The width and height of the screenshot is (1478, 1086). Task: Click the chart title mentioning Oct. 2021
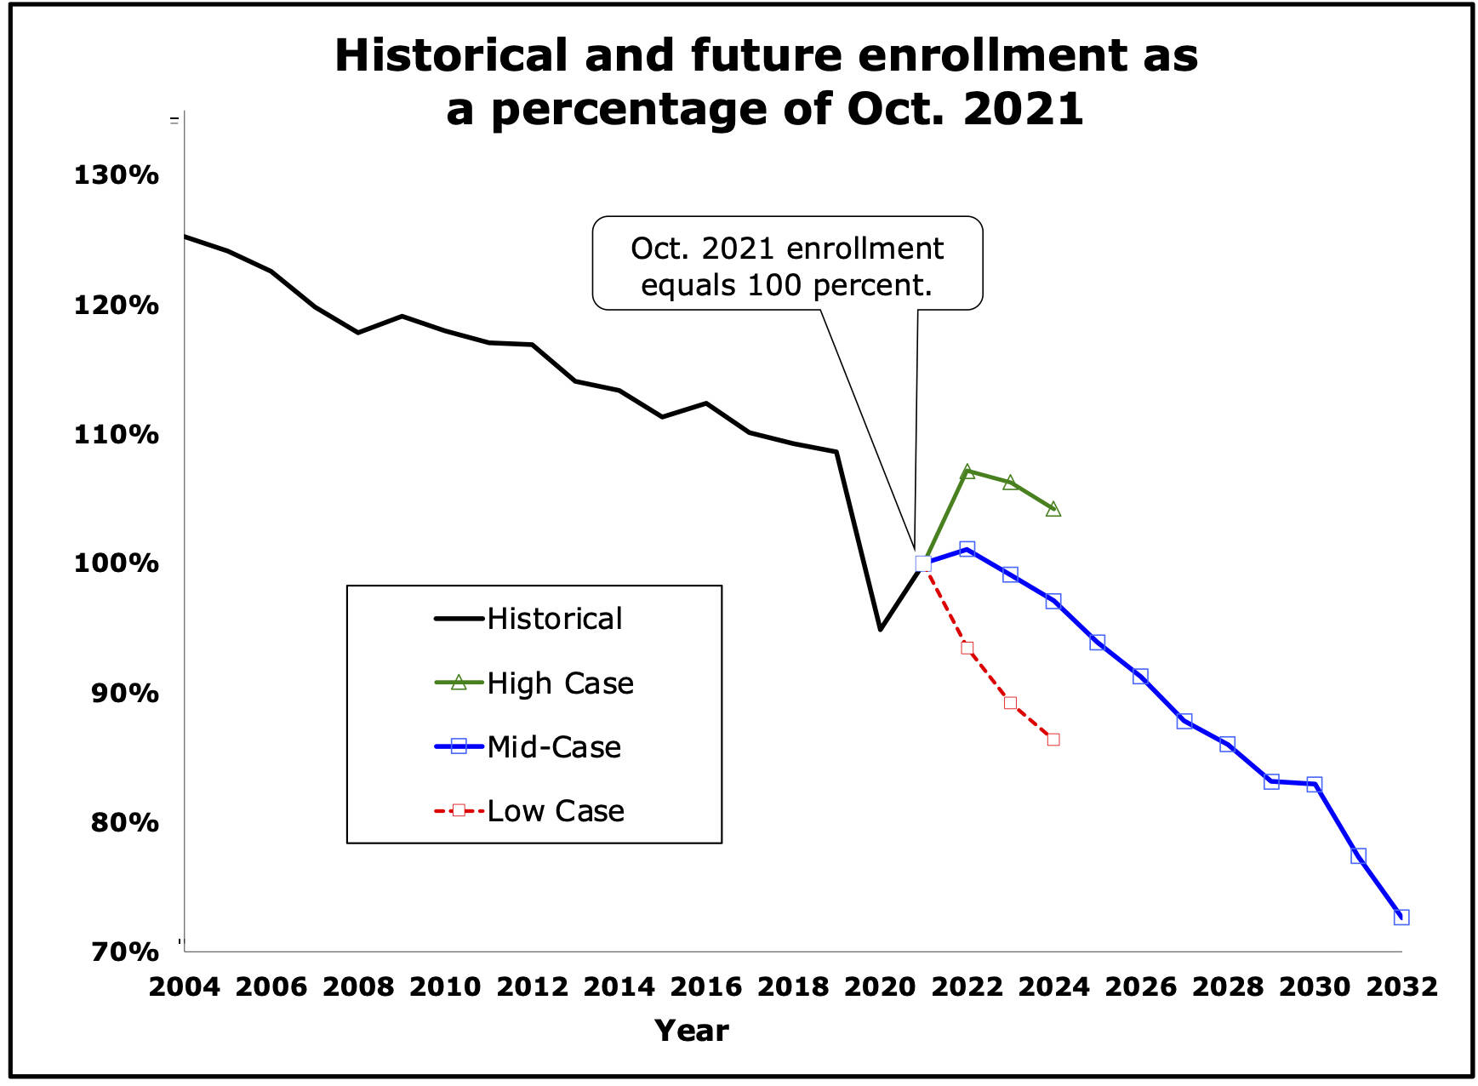click(766, 82)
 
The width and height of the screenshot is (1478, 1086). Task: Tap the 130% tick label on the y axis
click(116, 175)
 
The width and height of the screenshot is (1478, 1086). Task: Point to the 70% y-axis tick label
click(116, 951)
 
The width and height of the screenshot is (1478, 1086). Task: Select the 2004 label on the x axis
click(184, 987)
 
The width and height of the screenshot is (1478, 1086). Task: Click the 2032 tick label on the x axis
click(1401, 987)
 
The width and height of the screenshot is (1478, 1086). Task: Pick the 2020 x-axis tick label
click(880, 987)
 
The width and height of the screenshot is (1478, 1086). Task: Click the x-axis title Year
click(692, 1031)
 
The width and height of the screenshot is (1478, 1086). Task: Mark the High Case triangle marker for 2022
click(967, 472)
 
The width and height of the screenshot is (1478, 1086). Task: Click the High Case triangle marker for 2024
click(1053, 510)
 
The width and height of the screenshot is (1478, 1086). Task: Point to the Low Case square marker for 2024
click(1053, 740)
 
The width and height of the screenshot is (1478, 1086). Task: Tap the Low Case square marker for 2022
click(967, 649)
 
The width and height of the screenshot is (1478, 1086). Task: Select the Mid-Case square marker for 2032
click(1401, 917)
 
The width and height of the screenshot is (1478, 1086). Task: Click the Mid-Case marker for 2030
click(1315, 785)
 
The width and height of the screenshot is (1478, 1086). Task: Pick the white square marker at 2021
click(923, 563)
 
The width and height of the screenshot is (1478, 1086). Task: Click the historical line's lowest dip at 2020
click(880, 630)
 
